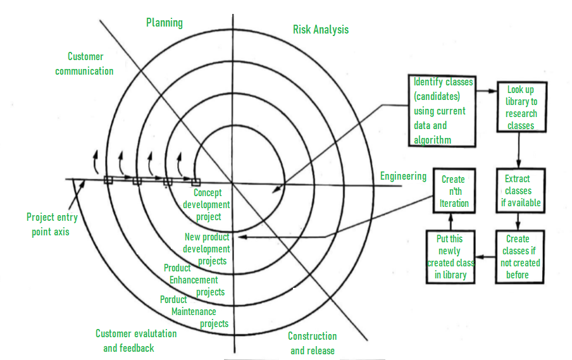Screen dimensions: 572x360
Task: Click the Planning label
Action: coord(164,23)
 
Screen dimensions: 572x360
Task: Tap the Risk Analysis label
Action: coord(321,30)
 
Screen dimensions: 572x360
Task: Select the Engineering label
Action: coord(403,176)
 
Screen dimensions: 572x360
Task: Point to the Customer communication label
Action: coord(84,64)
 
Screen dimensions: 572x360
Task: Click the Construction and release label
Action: coord(313,343)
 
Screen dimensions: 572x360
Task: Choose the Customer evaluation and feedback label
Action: coord(136,340)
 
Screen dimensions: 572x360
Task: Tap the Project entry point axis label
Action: coord(52,225)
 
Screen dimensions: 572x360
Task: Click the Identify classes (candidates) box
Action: coord(442,111)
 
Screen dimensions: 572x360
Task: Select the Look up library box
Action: coord(521,107)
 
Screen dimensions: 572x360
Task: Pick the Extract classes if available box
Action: coord(521,190)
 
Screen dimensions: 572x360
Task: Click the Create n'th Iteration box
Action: coord(454,191)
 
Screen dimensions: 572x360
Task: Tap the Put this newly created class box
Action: coord(451,257)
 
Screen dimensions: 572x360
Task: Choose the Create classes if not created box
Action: coord(520,257)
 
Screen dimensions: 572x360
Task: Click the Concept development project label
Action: coord(206,204)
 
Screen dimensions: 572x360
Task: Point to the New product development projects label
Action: coord(206,249)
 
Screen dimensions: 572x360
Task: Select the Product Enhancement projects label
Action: coord(194,280)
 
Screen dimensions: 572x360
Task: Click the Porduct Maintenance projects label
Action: coord(194,311)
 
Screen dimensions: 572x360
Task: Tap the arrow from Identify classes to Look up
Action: coord(487,91)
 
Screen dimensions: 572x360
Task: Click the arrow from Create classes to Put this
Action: coord(485,257)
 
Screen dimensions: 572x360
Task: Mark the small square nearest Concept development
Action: coord(196,182)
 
